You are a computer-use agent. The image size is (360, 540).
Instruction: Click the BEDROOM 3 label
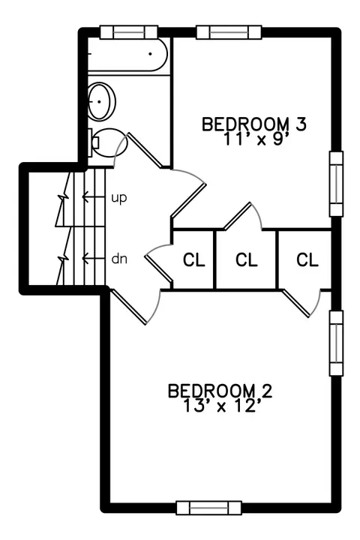pyautogui.click(x=254, y=124)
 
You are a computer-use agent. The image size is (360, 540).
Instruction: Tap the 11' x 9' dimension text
pyautogui.click(x=256, y=139)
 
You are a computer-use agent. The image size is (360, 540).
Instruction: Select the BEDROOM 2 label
pyautogui.click(x=220, y=391)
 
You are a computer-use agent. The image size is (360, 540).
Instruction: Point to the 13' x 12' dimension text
pyautogui.click(x=220, y=406)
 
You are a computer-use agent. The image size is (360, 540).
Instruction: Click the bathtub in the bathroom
pyautogui.click(x=127, y=54)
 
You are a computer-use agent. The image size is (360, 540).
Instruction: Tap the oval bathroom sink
pyautogui.click(x=101, y=101)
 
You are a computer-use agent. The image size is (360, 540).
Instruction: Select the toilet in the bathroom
pyautogui.click(x=108, y=142)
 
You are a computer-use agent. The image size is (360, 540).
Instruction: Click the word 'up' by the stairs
pyautogui.click(x=119, y=198)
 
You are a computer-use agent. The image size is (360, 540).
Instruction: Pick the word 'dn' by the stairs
pyautogui.click(x=119, y=258)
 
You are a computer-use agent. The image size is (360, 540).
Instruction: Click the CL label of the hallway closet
pyautogui.click(x=194, y=259)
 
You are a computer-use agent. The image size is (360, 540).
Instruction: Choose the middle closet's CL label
pyautogui.click(x=247, y=259)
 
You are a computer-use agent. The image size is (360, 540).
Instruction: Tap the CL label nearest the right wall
pyautogui.click(x=307, y=259)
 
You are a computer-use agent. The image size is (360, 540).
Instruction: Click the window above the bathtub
pyautogui.click(x=129, y=32)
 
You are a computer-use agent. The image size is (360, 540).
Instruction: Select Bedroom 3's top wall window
pyautogui.click(x=229, y=32)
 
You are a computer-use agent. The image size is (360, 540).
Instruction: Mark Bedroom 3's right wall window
pyautogui.click(x=336, y=184)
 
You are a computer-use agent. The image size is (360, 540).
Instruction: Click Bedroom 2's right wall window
pyautogui.click(x=336, y=343)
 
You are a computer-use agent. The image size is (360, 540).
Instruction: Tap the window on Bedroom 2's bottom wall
pyautogui.click(x=208, y=508)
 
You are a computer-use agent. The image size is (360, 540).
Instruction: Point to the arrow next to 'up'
pyautogui.click(x=93, y=197)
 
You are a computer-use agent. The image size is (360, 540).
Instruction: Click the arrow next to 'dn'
pyautogui.click(x=93, y=257)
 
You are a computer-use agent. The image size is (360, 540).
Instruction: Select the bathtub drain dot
pyautogui.click(x=150, y=54)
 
